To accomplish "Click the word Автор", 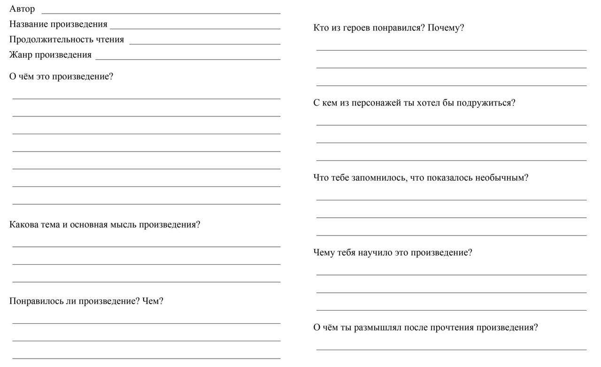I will [x=22, y=9].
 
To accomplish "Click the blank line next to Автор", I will [x=161, y=13].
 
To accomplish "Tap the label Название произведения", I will [x=58, y=24].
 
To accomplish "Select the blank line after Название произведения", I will [x=195, y=29].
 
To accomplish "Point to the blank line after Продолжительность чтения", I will [x=205, y=44].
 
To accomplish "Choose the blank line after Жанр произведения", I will [x=188, y=59].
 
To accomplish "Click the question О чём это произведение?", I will [x=61, y=76].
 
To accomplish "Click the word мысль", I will [x=123, y=224].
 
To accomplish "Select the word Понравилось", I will [x=36, y=301].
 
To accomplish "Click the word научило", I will [x=375, y=252].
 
